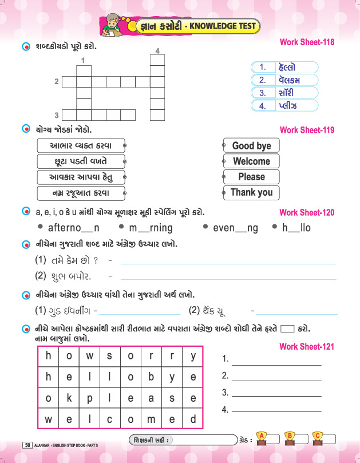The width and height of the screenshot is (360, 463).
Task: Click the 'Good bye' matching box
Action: point(251,146)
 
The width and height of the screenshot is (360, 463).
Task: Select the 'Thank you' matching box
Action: point(251,192)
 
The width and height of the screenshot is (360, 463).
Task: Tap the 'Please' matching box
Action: point(251,177)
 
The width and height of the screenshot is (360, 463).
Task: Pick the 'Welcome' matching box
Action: point(251,161)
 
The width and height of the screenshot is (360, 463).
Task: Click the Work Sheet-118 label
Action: point(307,42)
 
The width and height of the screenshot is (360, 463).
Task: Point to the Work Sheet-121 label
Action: point(307,347)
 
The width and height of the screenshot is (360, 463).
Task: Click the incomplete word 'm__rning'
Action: point(150,228)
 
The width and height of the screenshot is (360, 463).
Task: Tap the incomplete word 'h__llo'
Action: point(296,228)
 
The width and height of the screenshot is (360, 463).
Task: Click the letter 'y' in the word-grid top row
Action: point(193,356)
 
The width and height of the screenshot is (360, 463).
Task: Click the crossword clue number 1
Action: point(84,60)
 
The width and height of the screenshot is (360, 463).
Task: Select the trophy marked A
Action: point(262,438)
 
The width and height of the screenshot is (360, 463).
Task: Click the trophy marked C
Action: point(318,438)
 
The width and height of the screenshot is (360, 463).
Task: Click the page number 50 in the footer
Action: point(27,445)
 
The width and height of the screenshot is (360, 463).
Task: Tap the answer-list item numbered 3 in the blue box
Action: point(284,93)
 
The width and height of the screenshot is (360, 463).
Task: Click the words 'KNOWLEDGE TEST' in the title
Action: point(223,26)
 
